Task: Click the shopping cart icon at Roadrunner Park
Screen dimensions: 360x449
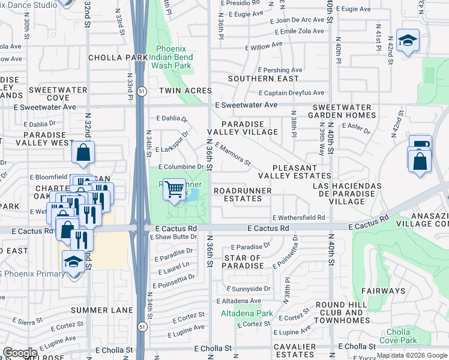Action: coord(174,190)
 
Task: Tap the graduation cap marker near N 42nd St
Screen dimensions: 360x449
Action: coord(408,40)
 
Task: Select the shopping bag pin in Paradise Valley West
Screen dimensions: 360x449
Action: coord(83,153)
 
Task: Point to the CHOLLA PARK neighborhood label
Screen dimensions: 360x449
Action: coord(118,58)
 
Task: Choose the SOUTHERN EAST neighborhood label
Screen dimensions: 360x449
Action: coord(263,79)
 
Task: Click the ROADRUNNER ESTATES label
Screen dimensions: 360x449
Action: coord(243,194)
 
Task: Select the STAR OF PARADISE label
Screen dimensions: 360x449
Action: coord(243,262)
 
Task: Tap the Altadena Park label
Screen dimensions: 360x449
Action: coord(247,313)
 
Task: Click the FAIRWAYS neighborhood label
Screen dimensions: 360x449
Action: coord(384,291)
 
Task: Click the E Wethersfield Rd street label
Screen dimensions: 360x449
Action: coord(298,218)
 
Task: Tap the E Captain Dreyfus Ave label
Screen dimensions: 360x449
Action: coord(291,93)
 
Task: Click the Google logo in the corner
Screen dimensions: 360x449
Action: coord(20,353)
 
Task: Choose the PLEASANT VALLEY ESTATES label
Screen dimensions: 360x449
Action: coord(294,172)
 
